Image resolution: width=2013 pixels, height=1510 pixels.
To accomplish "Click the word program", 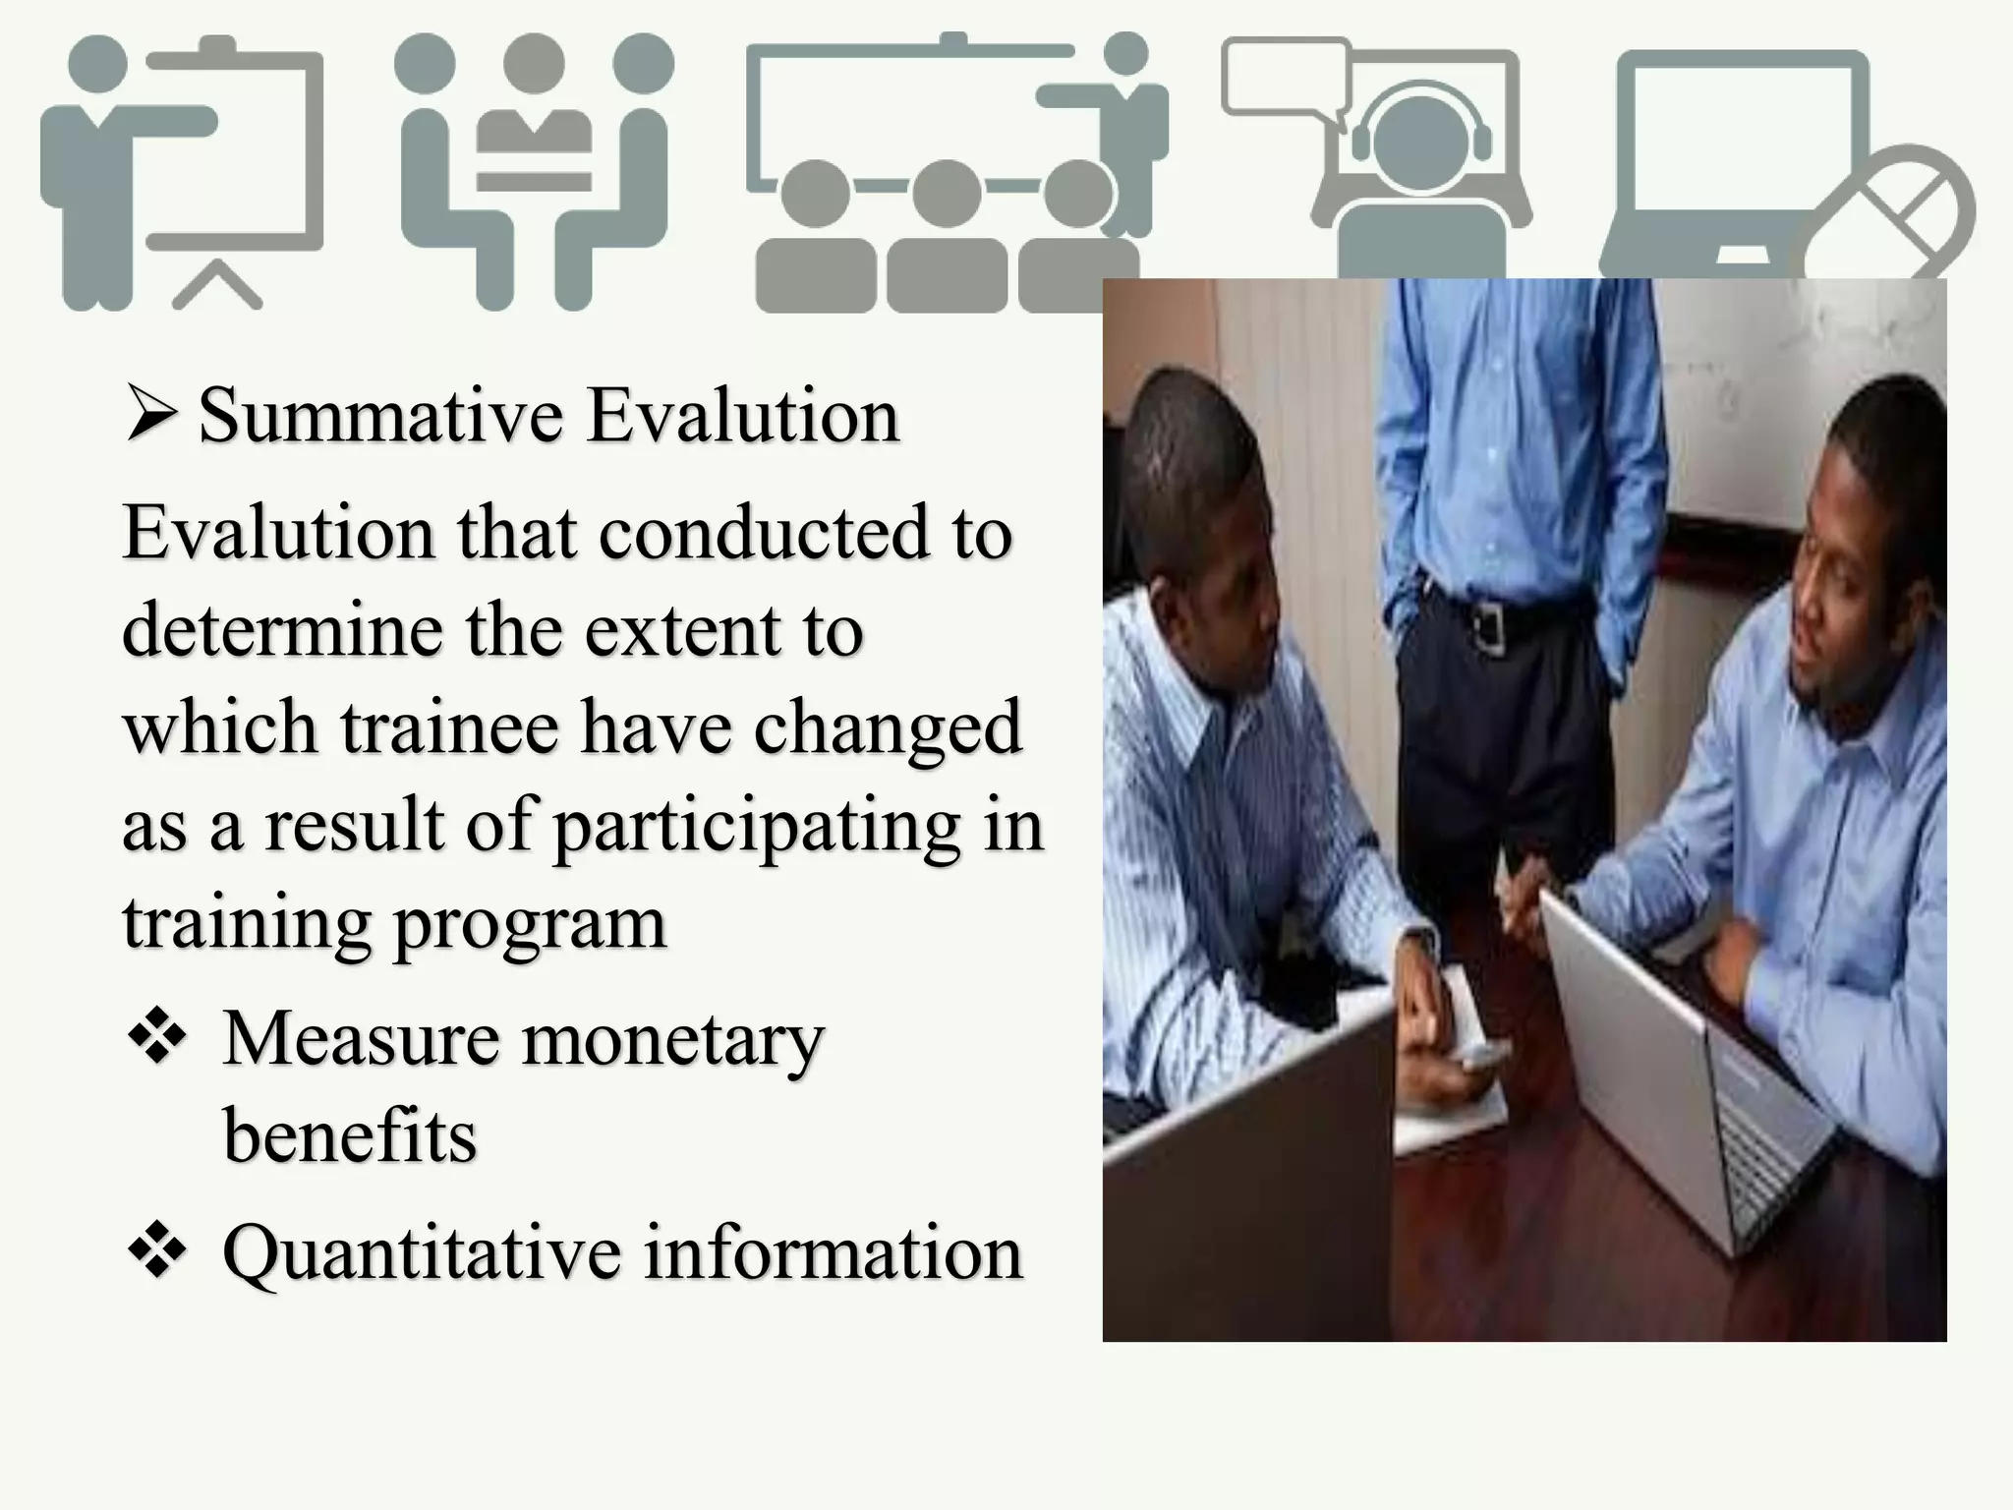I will pos(531,924).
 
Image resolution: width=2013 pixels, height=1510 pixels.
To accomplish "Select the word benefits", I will pos(350,1135).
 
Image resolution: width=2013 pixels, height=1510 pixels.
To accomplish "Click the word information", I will pos(834,1253).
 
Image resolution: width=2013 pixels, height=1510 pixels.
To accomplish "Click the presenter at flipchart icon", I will pos(182,172).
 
